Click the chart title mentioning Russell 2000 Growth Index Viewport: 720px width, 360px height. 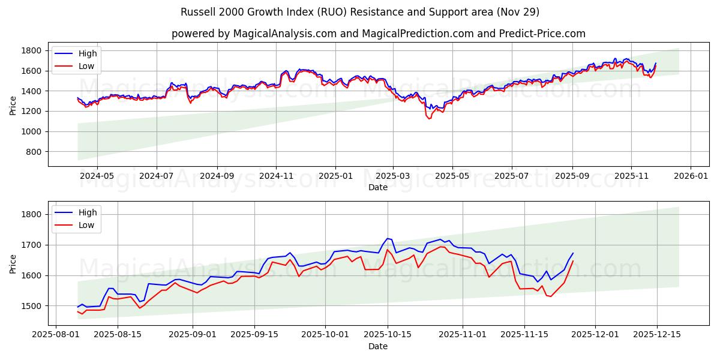(360, 12)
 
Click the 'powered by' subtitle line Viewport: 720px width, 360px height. (378, 34)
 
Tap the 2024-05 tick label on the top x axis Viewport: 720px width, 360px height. (97, 176)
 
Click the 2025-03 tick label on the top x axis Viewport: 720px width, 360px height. (393, 176)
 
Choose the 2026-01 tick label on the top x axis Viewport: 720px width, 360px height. (691, 176)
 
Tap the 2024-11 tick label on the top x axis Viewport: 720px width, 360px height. (276, 176)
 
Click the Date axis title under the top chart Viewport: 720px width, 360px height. (378, 187)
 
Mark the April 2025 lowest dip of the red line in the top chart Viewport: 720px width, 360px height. (428, 119)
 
